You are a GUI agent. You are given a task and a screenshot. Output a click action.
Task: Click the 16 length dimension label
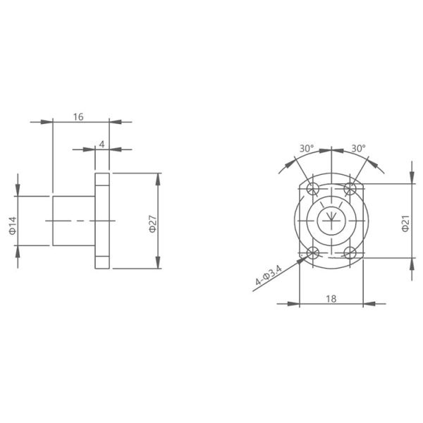coord(78,116)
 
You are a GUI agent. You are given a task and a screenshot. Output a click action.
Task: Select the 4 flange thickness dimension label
coord(102,143)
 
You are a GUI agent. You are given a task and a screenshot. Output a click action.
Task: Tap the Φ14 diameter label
coord(11,225)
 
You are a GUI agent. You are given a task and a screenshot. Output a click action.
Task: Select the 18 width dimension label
coord(331,298)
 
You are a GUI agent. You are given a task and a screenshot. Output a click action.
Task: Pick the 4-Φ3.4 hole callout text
coord(269,276)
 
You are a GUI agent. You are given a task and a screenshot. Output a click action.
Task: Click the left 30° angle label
coord(306,149)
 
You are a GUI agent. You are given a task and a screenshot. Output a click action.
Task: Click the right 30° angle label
coord(358,149)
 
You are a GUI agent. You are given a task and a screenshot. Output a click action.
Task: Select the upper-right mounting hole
coord(348,189)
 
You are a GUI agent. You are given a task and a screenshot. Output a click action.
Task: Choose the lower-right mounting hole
coord(348,253)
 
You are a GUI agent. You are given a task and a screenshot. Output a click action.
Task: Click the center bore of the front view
coord(330,221)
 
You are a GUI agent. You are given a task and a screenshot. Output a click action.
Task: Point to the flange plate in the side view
coord(102,221)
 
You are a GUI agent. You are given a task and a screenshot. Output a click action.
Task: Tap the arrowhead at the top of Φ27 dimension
coord(159,178)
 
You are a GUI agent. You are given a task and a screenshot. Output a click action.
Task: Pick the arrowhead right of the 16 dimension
coord(116,122)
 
